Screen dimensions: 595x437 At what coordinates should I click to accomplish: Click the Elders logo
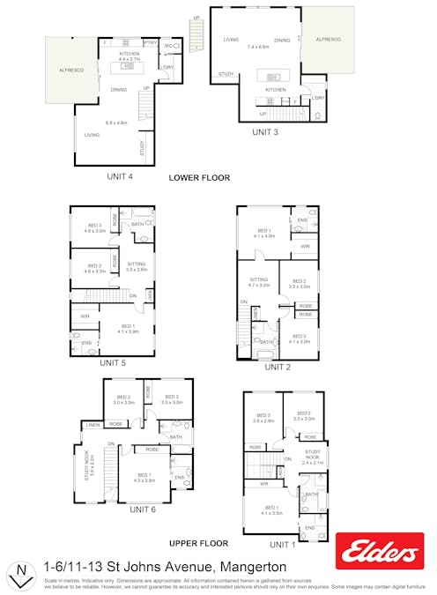[380, 551]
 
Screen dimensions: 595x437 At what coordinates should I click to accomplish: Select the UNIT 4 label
[120, 176]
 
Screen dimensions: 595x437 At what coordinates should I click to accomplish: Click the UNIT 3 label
[265, 132]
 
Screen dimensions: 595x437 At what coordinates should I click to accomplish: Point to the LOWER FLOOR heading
[199, 178]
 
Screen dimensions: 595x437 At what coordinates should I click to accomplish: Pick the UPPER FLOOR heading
[198, 544]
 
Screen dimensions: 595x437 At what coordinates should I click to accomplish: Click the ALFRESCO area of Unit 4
[70, 69]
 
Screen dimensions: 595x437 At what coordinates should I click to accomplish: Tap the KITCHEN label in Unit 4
[130, 54]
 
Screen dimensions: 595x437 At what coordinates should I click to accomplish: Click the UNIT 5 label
[113, 362]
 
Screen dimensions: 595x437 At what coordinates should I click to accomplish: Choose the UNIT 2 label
[277, 367]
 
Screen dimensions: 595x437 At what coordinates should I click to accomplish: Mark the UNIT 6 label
[143, 509]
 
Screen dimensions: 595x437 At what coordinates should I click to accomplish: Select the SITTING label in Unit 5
[137, 264]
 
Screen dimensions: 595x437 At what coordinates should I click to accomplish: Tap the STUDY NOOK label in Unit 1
[314, 456]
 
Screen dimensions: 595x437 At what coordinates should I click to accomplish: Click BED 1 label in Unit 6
[144, 476]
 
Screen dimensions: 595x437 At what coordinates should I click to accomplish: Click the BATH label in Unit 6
[175, 436]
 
